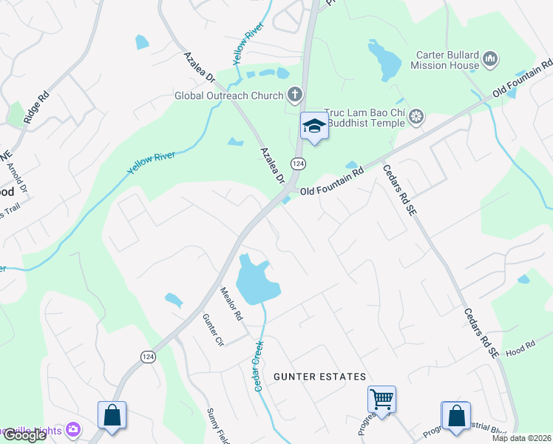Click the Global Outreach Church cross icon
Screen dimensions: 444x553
(x=295, y=95)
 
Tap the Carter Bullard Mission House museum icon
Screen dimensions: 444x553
(x=489, y=59)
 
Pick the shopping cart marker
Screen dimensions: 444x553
(x=381, y=400)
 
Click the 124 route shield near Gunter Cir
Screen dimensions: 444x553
(x=148, y=357)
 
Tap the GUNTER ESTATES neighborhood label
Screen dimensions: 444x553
(x=319, y=377)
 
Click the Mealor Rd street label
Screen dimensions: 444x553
(x=231, y=303)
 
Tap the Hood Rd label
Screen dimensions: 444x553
(x=520, y=348)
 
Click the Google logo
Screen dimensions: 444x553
(x=24, y=435)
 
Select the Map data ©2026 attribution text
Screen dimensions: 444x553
(x=522, y=438)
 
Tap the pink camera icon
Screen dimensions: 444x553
(x=72, y=428)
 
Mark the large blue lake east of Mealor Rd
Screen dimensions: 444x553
(x=255, y=281)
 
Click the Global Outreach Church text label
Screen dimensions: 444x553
(x=228, y=95)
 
